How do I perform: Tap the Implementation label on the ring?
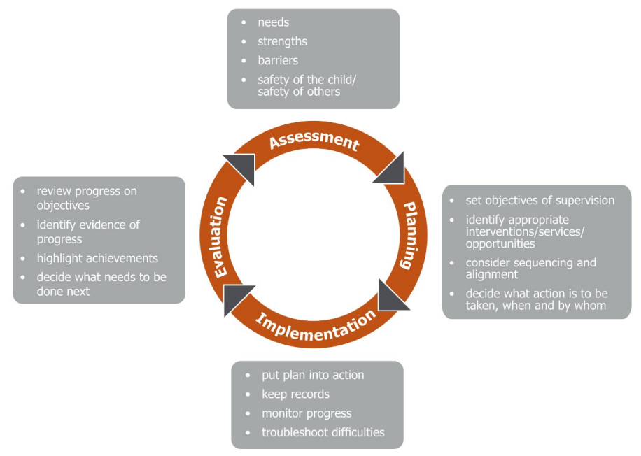[x=316, y=327]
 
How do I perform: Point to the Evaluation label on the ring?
[x=220, y=238]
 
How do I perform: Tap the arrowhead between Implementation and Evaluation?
[x=238, y=299]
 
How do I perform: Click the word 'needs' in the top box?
[x=274, y=22]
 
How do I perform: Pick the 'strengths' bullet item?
[x=282, y=41]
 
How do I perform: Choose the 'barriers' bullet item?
[x=278, y=60]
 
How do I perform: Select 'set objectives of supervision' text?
[x=540, y=200]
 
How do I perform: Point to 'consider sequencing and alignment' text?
[x=530, y=269]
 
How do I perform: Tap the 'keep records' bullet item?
[x=295, y=394]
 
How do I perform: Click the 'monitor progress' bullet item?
[x=307, y=413]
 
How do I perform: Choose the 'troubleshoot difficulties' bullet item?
[x=323, y=432]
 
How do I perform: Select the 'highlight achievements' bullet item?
[x=97, y=258]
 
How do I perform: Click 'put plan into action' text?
[x=313, y=375]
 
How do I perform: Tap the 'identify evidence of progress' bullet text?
[x=88, y=231]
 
